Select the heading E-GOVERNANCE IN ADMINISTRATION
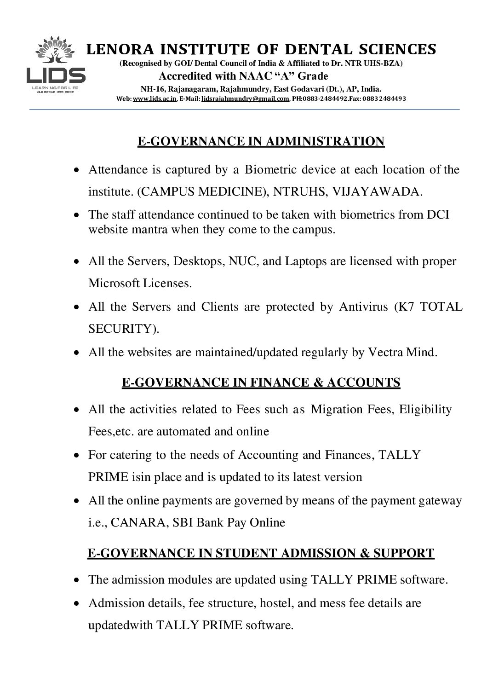(261, 141)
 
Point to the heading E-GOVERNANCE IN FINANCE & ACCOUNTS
(261, 382)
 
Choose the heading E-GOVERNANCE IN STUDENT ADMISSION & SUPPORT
(261, 552)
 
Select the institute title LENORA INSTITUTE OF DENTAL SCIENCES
(261, 49)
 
